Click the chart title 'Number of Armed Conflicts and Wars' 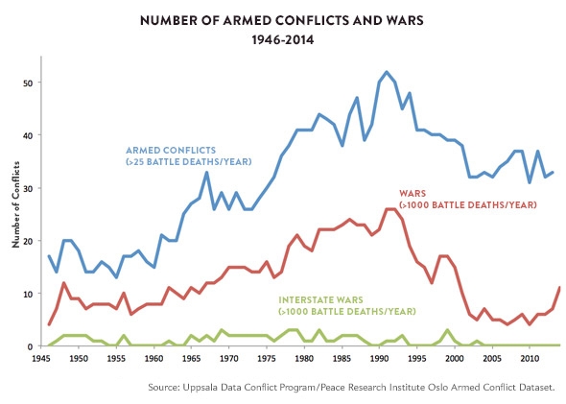[x=282, y=20]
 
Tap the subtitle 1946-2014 [x=282, y=41]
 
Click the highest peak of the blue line [x=387, y=72]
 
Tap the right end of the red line [x=559, y=288]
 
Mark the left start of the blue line [x=49, y=256]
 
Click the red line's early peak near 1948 [x=63, y=283]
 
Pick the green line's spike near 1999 [x=447, y=330]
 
